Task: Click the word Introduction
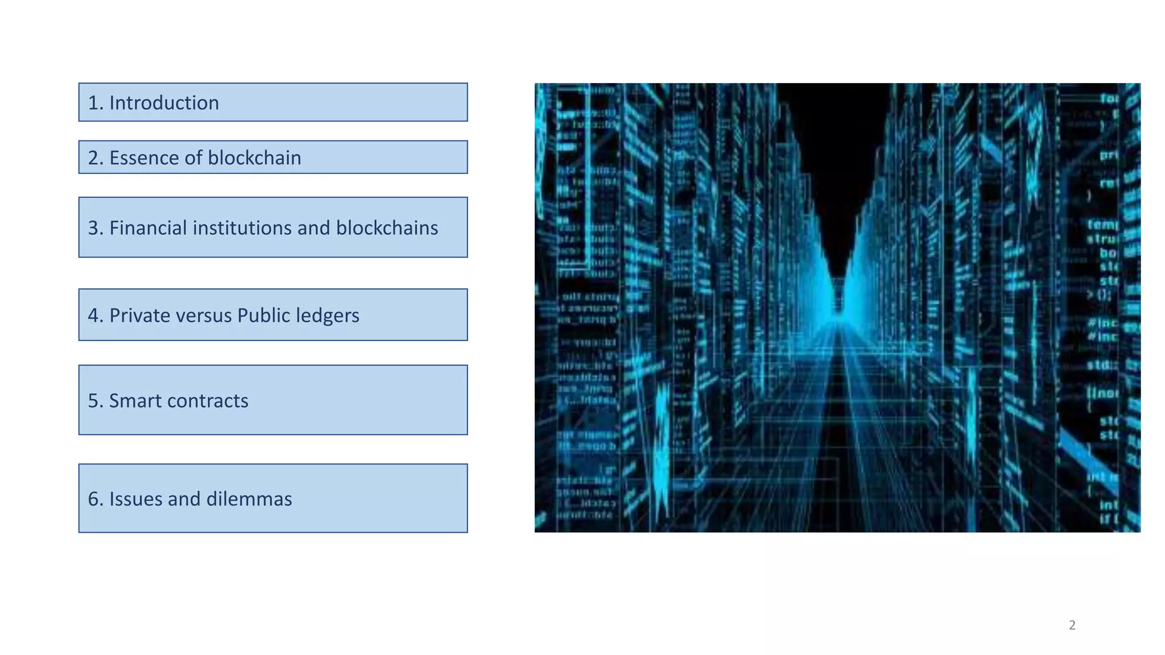[x=164, y=103]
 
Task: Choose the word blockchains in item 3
[x=387, y=228]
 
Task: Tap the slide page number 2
[x=1072, y=625]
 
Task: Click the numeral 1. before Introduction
[x=95, y=103]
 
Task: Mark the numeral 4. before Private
[x=95, y=316]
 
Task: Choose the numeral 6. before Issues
[x=95, y=499]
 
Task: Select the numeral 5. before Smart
[x=95, y=401]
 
